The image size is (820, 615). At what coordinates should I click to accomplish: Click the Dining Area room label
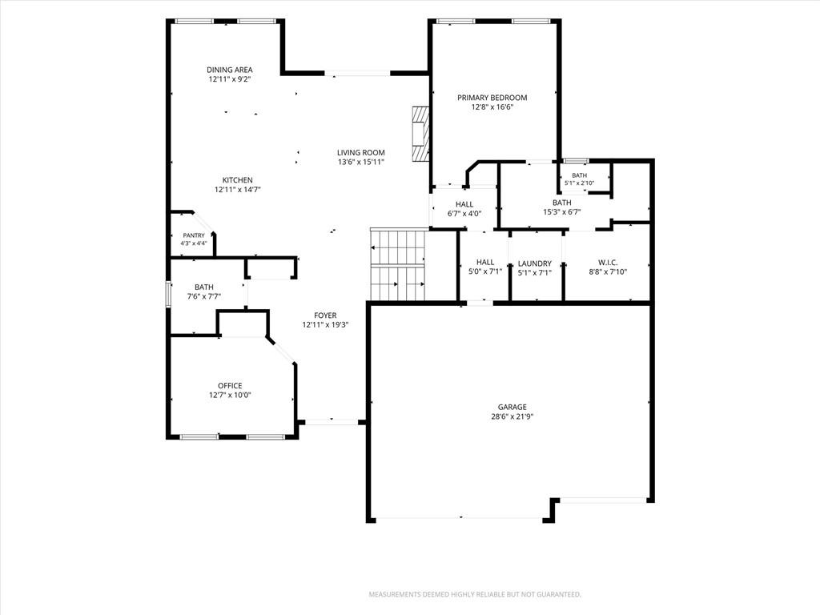[230, 70]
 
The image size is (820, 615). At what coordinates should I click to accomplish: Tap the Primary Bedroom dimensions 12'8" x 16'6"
[492, 107]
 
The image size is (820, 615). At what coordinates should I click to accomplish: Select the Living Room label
[361, 153]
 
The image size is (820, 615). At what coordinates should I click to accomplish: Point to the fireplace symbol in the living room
[420, 134]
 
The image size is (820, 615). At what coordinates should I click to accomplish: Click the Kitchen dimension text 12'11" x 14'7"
[237, 190]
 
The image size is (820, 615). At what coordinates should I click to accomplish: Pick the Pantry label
[194, 236]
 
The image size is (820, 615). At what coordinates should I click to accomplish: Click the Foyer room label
[325, 316]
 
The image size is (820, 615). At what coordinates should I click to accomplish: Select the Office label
[230, 386]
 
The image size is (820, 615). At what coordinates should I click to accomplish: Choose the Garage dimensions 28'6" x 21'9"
[512, 416]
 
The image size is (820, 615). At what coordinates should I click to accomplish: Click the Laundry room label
[534, 263]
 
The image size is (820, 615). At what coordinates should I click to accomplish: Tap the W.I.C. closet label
[608, 263]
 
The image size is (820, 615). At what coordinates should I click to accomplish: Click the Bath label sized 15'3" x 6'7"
[561, 203]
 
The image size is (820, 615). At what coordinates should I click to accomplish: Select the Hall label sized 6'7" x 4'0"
[464, 204]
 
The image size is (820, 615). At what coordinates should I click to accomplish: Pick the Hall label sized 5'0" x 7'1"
[485, 262]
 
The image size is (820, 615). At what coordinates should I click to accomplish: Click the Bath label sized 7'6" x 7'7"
[204, 287]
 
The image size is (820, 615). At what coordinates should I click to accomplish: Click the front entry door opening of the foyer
[331, 421]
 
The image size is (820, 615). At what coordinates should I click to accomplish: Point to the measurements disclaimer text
[475, 595]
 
